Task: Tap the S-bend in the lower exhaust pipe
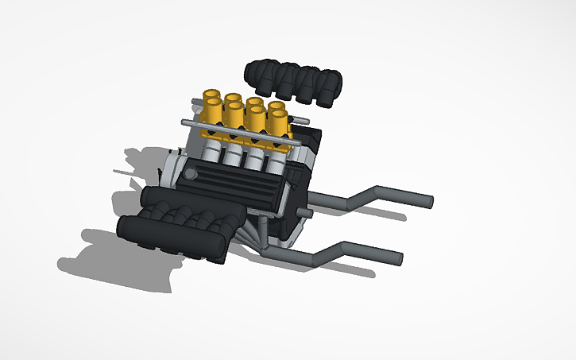click(331, 254)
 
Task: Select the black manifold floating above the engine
click(294, 81)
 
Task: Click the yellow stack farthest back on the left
click(212, 96)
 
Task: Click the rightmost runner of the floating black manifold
click(330, 83)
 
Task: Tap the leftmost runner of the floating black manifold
click(258, 73)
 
